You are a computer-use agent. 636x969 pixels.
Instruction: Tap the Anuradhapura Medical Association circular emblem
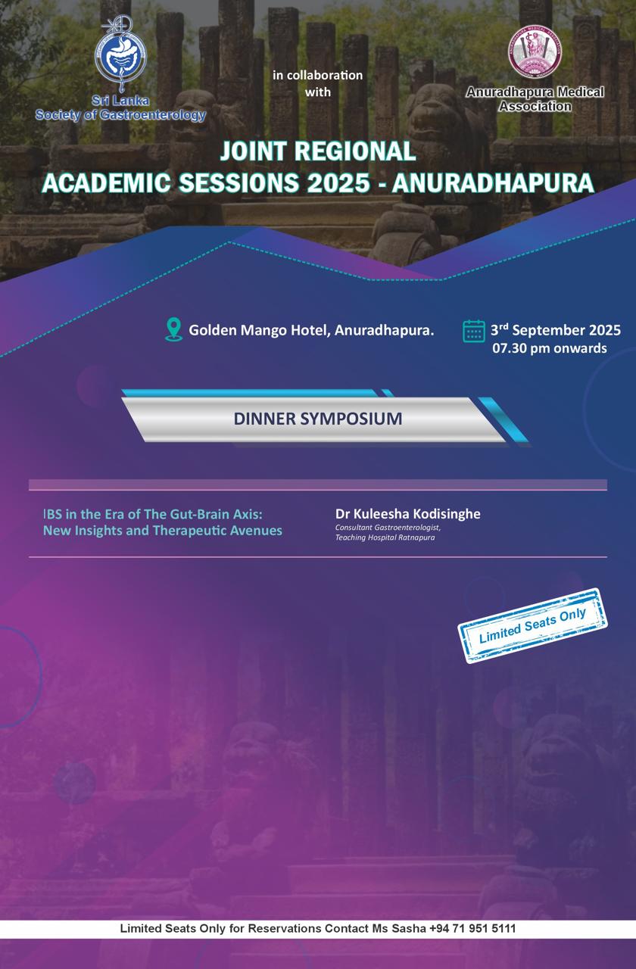[535, 53]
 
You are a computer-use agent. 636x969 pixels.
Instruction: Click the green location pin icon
[174, 329]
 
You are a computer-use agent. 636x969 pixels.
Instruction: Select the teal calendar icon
[474, 332]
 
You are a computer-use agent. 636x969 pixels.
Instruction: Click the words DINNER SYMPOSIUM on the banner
[318, 419]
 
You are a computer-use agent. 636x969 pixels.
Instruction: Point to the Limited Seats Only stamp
[532, 625]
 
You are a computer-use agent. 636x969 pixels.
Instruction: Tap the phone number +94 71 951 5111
[472, 928]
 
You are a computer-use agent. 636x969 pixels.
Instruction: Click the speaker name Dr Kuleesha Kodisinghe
[407, 514]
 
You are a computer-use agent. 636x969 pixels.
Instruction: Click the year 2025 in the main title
[338, 183]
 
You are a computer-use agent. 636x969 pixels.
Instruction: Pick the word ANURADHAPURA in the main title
[493, 183]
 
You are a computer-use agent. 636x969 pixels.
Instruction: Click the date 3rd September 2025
[556, 330]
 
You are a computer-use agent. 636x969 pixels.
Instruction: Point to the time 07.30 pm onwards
[550, 348]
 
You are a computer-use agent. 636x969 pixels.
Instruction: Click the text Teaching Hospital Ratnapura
[385, 537]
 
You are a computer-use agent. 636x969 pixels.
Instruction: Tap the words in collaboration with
[317, 83]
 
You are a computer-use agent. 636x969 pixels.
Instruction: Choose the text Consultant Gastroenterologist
[388, 528]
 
